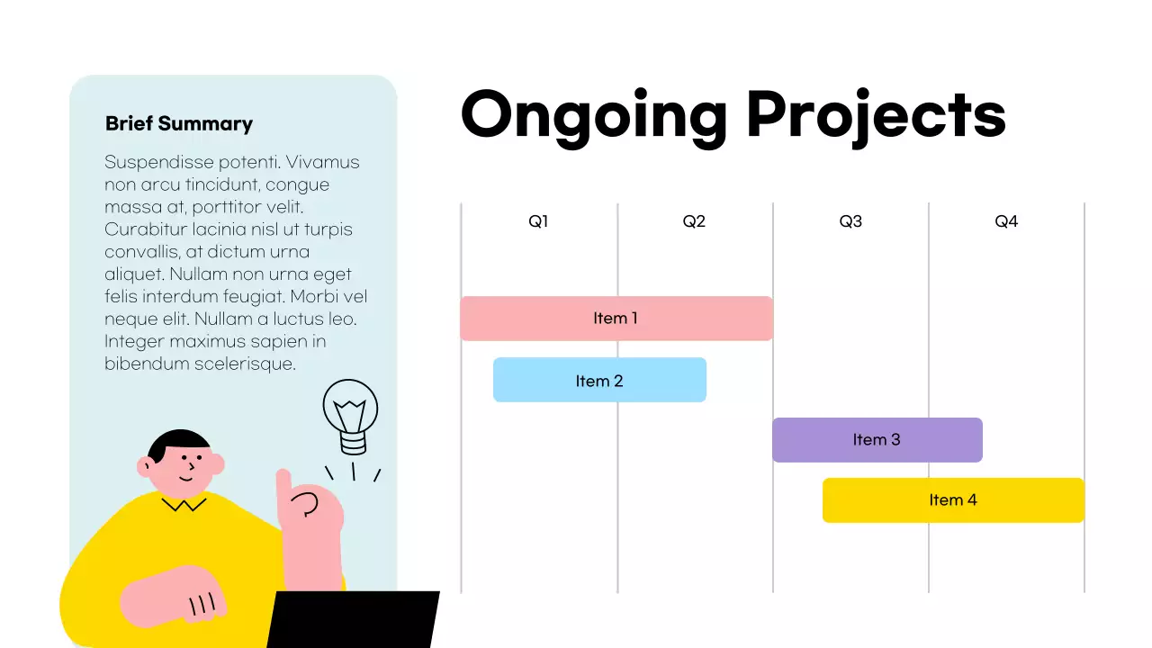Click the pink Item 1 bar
(616, 319)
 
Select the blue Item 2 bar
(599, 381)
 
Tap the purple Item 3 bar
(877, 440)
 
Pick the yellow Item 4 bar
(953, 500)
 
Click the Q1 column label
(538, 221)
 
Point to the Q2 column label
(694, 221)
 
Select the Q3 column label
(850, 221)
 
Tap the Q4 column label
(1006, 221)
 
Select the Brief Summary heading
(179, 124)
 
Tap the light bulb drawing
(351, 414)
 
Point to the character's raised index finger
(283, 486)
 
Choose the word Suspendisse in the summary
(158, 163)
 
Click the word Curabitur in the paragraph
(145, 229)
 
